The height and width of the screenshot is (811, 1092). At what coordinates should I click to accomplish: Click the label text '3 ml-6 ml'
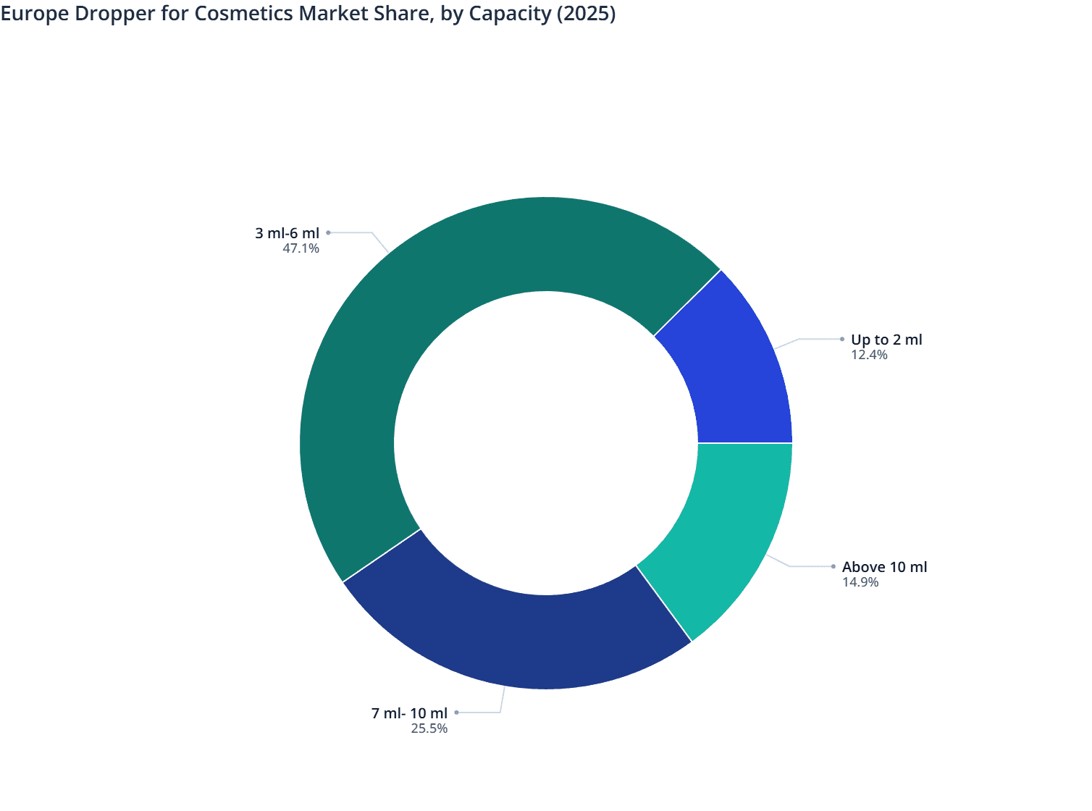pyautogui.click(x=287, y=233)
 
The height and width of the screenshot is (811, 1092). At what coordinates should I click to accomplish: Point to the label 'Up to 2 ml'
pyautogui.click(x=886, y=340)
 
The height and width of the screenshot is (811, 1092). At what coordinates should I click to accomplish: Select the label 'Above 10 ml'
pyautogui.click(x=884, y=567)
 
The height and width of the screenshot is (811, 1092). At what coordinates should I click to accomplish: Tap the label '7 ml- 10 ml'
pyautogui.click(x=409, y=713)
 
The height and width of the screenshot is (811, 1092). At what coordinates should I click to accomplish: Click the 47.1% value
pyautogui.click(x=301, y=249)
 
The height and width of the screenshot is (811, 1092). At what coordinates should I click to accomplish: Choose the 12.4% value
pyautogui.click(x=869, y=355)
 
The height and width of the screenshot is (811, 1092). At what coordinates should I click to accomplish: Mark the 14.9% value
pyautogui.click(x=860, y=582)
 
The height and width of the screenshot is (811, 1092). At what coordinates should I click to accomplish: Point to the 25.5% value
pyautogui.click(x=429, y=728)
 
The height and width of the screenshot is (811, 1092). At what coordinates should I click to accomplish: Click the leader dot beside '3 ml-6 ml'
pyautogui.click(x=328, y=232)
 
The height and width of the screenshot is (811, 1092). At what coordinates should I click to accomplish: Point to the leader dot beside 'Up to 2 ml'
pyautogui.click(x=842, y=339)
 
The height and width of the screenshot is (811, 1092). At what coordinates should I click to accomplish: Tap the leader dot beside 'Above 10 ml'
pyautogui.click(x=833, y=566)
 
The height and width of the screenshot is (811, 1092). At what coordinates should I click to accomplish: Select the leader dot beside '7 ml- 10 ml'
pyautogui.click(x=456, y=713)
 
